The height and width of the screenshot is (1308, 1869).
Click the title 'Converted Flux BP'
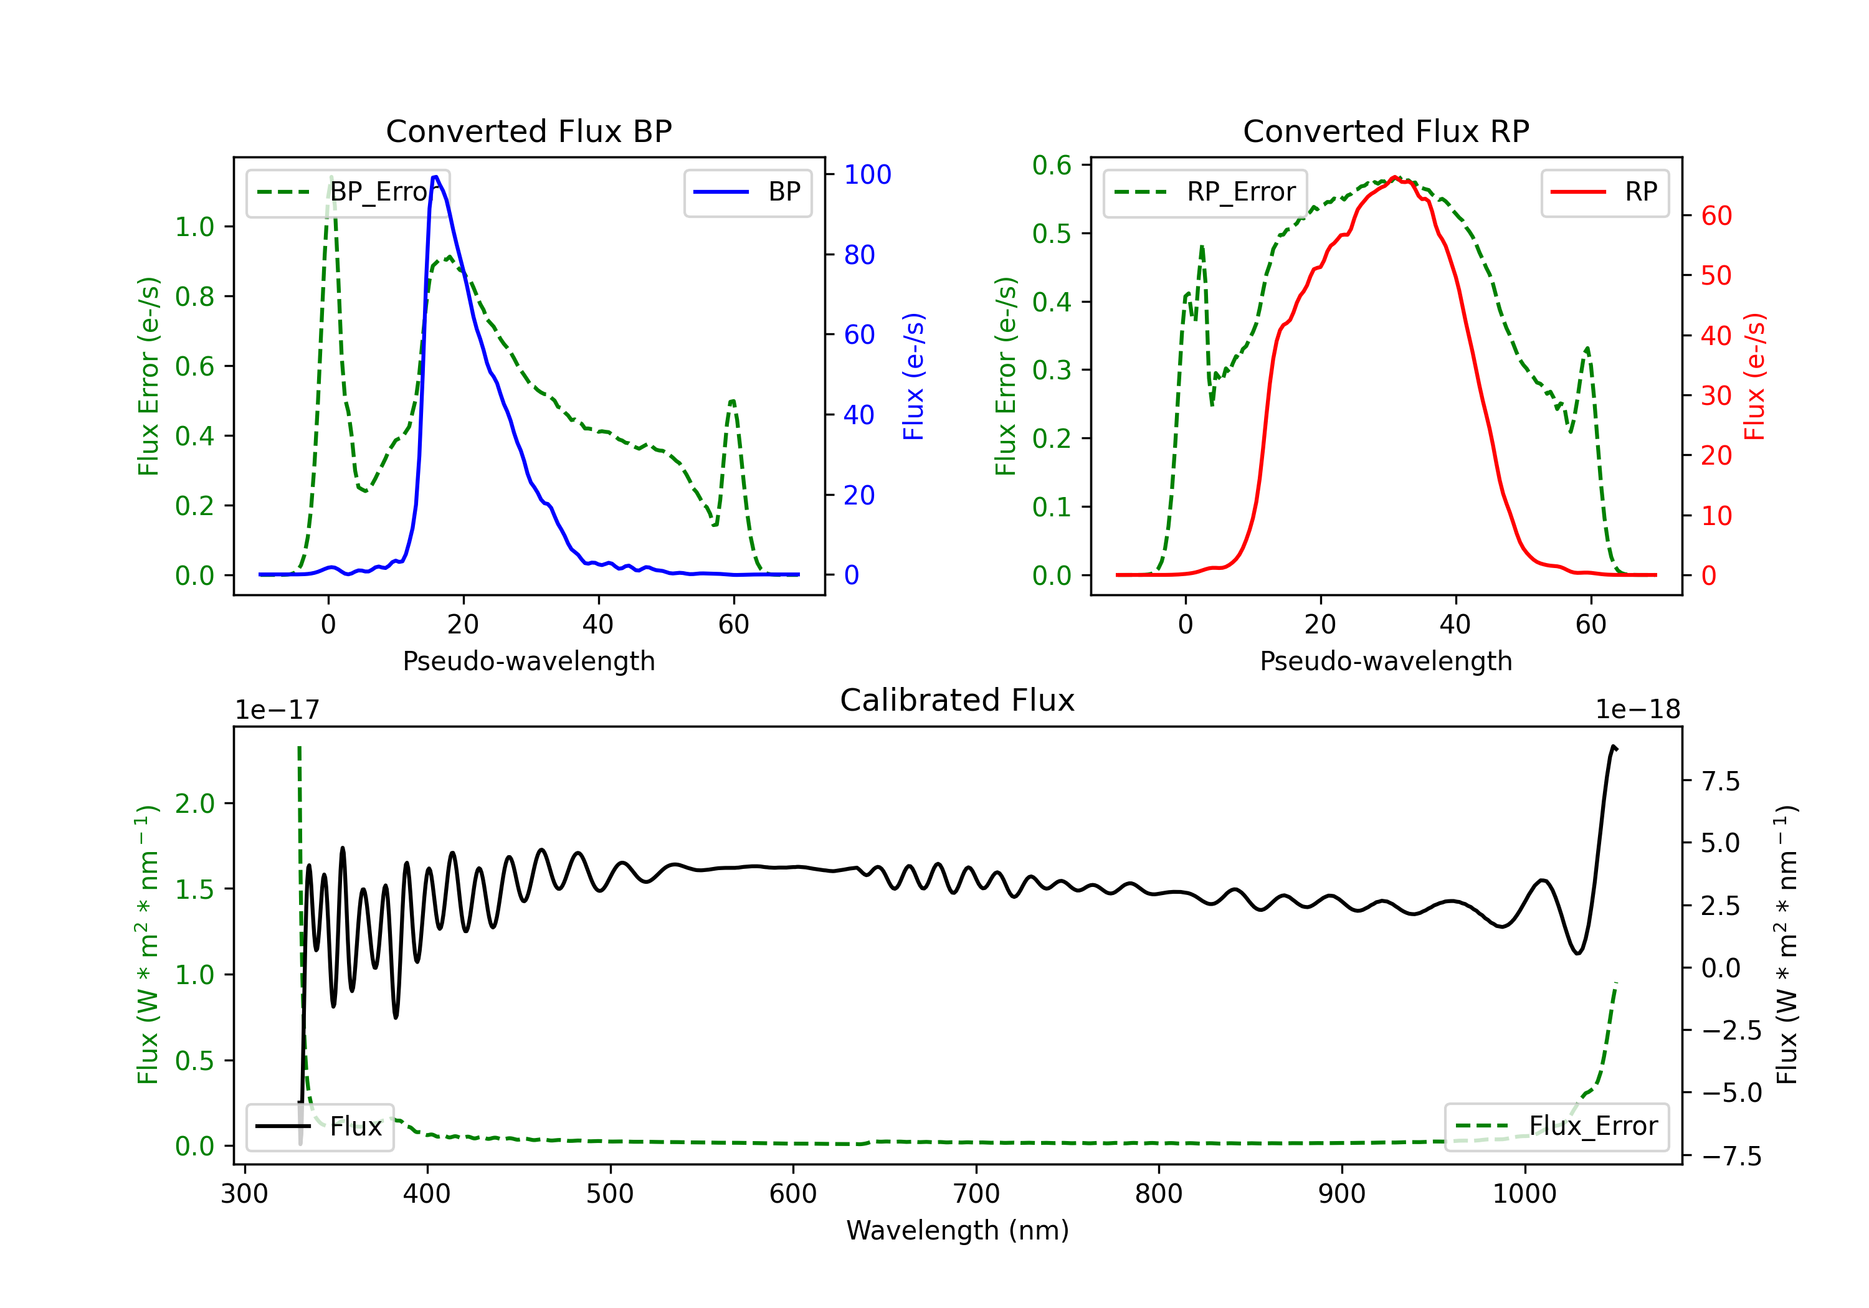(x=528, y=131)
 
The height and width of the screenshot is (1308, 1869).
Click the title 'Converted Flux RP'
(x=1386, y=131)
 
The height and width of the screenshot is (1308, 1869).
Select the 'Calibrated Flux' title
(x=958, y=700)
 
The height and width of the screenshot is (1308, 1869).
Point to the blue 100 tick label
(x=868, y=174)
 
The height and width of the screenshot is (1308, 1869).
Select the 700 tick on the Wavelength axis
(x=976, y=1194)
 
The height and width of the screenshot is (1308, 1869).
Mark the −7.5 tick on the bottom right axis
(x=1731, y=1156)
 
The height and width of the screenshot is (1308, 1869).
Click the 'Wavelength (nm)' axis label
(x=958, y=1230)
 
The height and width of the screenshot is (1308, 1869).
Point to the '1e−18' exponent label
(x=1638, y=710)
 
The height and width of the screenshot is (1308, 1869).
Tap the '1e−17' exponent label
(x=278, y=710)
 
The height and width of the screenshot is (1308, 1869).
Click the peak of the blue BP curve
(x=435, y=177)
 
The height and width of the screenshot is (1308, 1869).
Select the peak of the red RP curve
(x=1394, y=177)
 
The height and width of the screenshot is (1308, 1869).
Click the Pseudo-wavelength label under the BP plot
(x=528, y=661)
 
